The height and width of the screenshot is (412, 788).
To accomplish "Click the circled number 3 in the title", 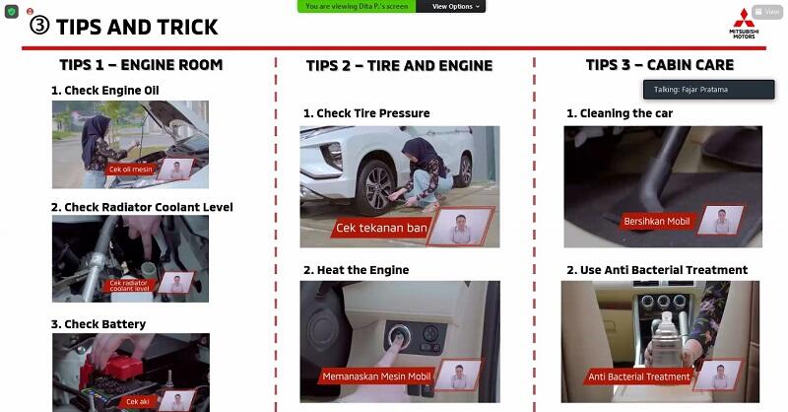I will (40, 26).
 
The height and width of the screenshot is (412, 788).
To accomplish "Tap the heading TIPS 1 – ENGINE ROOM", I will (141, 65).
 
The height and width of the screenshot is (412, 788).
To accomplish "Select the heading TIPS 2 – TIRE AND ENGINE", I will (399, 66).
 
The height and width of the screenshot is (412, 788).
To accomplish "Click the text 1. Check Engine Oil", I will (105, 91).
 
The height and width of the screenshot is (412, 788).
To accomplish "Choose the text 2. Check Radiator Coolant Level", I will (142, 207).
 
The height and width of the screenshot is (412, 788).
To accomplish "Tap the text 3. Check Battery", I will (98, 324).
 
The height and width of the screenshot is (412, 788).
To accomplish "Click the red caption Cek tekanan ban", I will (381, 229).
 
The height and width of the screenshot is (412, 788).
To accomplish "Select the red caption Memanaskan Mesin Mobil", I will (375, 377).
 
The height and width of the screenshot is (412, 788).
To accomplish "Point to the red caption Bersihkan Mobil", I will (657, 222).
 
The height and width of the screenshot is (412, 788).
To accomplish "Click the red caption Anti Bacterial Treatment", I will (638, 377).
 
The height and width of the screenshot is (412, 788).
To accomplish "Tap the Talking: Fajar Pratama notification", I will (708, 90).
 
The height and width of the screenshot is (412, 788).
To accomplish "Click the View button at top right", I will (768, 12).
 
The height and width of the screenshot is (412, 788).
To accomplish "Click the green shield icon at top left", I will (12, 11).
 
